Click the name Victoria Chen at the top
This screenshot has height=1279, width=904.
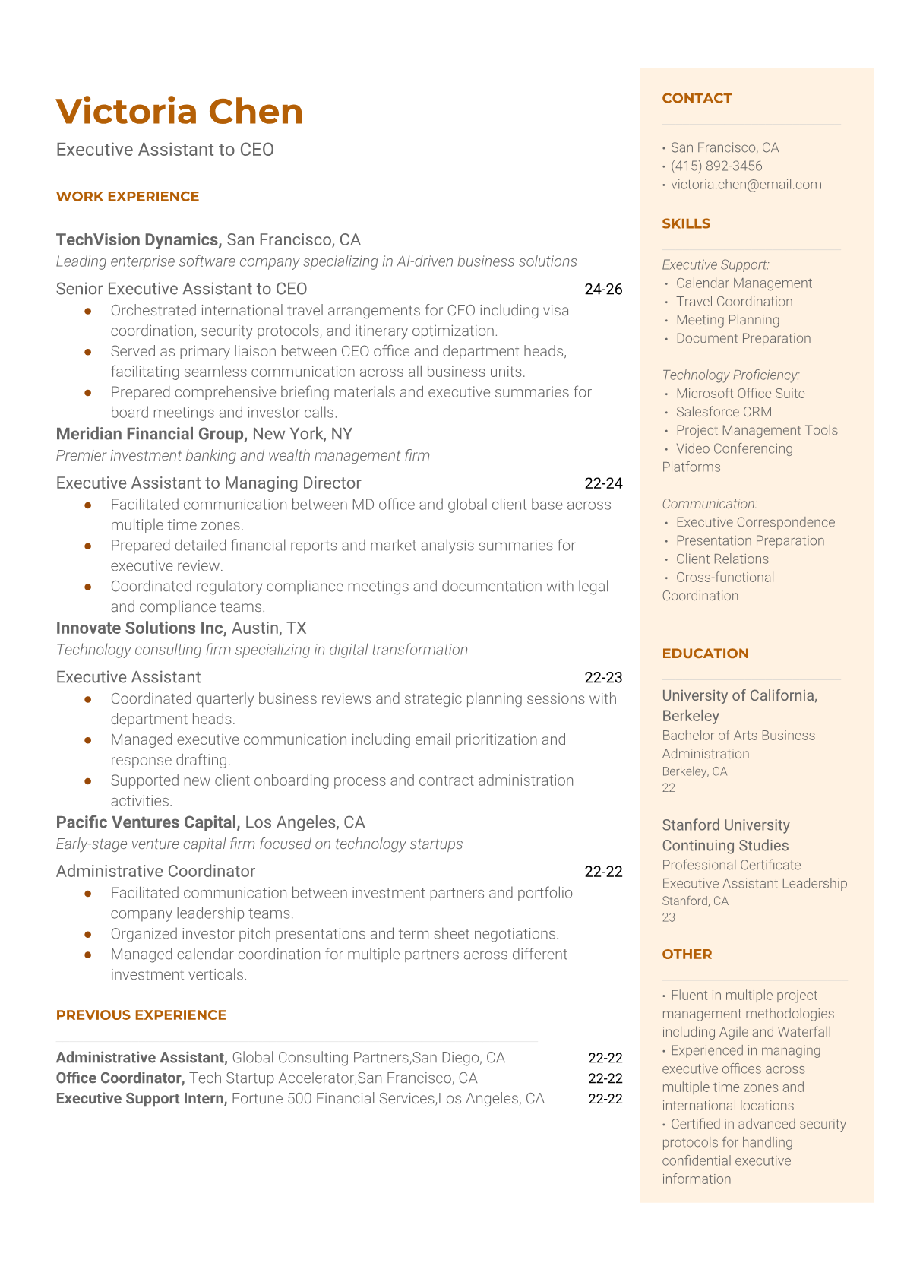click(179, 112)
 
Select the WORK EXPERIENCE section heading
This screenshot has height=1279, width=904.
click(128, 196)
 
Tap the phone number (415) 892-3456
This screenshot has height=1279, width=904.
click(716, 166)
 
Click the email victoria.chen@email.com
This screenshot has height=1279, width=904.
click(746, 184)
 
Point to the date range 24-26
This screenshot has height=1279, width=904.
click(603, 290)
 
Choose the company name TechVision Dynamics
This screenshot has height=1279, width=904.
click(137, 240)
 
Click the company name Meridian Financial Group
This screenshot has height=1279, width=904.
click(151, 434)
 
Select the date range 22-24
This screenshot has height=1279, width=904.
click(603, 483)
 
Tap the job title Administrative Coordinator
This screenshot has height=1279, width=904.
click(156, 872)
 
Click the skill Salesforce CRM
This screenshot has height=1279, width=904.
click(724, 412)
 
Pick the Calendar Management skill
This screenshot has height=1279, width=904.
click(744, 283)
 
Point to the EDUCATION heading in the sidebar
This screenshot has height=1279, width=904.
click(705, 654)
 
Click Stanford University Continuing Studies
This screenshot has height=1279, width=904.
click(725, 835)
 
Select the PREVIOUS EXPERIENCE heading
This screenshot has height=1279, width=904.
click(141, 1015)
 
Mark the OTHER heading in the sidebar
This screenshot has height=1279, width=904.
click(687, 955)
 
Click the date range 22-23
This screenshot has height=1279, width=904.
click(603, 678)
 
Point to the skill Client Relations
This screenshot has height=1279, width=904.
click(722, 559)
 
